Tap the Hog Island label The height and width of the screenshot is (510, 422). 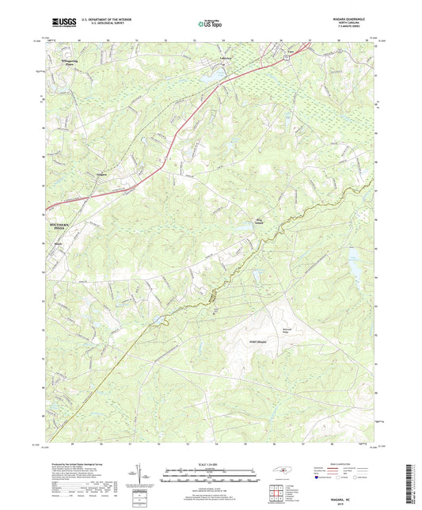(258, 219)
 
